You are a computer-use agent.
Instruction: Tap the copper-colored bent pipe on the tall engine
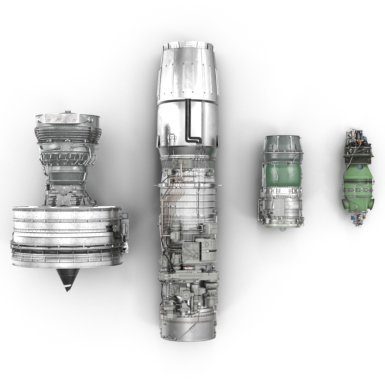point(181,173)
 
